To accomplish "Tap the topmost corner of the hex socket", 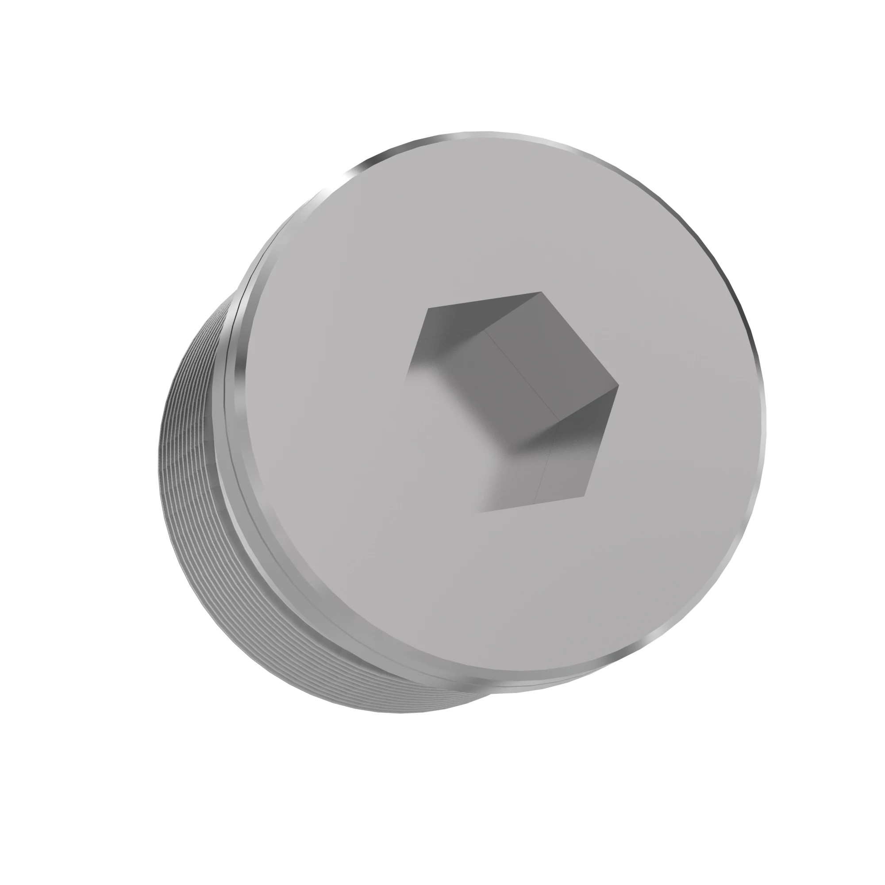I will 542,292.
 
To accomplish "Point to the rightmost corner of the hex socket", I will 619,386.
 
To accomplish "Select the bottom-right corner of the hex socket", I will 585,496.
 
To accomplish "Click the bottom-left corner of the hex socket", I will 481,512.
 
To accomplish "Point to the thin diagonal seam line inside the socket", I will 522,376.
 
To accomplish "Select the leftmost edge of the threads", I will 161,458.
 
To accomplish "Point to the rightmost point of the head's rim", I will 766,412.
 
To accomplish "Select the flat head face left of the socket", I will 330,412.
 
